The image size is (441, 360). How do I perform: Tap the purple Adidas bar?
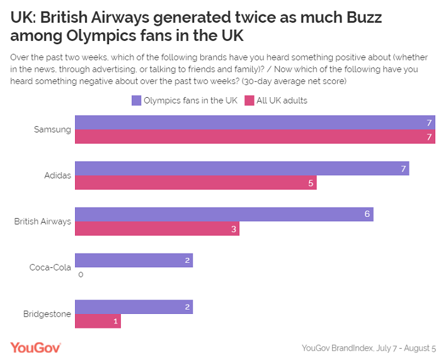click(242, 168)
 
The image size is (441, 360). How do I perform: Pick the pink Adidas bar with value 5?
click(195, 183)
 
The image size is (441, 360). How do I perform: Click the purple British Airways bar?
click(224, 214)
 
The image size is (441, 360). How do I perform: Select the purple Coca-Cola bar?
click(134, 260)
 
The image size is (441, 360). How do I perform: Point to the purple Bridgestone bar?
click(134, 306)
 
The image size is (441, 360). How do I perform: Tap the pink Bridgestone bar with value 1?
click(98, 321)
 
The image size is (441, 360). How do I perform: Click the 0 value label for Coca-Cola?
click(81, 275)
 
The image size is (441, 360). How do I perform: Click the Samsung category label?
click(52, 129)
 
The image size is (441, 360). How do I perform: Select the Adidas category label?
click(57, 175)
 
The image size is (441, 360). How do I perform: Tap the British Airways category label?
click(43, 221)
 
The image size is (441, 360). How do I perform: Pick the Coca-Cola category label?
click(50, 267)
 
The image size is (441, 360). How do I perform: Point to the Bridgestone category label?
click(48, 313)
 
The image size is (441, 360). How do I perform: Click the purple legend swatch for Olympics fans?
click(136, 100)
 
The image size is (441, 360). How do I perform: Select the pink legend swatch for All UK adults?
click(249, 100)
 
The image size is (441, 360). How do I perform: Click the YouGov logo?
click(35, 347)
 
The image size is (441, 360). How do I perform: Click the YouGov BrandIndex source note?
click(369, 347)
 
